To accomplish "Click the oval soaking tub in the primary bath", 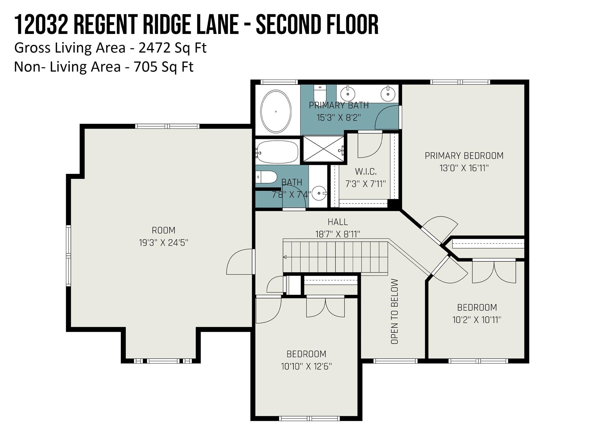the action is (x=276, y=111).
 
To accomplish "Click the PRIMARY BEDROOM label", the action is (x=464, y=156).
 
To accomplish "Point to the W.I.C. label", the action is (x=366, y=172).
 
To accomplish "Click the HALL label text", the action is (x=338, y=222).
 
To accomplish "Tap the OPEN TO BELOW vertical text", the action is (x=394, y=312).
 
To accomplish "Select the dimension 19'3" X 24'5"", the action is (x=164, y=243).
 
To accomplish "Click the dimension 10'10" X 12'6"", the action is (x=306, y=366).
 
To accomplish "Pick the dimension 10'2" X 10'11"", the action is (x=477, y=320).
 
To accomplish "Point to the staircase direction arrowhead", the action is (x=285, y=257).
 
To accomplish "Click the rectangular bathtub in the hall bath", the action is (x=277, y=152).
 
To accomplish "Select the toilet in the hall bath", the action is (x=266, y=177).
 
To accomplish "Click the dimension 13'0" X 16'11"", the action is (x=464, y=168).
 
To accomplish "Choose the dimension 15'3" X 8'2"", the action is (x=338, y=118).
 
